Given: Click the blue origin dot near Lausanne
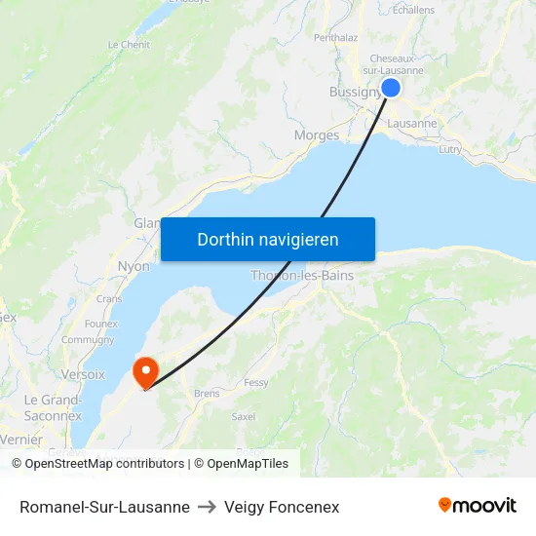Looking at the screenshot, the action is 391,88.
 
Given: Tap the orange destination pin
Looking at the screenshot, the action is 145,370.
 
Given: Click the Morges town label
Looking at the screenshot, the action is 317,135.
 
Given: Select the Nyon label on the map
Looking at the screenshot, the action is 134,266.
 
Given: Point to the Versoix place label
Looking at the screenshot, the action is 83,374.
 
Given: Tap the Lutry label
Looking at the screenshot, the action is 450,149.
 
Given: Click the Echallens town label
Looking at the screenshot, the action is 413,10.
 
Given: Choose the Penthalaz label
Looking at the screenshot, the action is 336,38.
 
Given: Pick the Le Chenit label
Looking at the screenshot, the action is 129,45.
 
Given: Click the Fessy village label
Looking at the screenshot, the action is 256,383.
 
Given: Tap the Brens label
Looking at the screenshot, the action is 207,394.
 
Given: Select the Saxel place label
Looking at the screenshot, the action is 244,416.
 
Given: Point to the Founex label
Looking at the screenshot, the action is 101,324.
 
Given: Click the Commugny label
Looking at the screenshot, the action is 88,340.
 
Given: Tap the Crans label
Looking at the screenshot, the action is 109,298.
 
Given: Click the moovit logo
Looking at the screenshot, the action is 478,505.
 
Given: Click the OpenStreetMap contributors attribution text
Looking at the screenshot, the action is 104,464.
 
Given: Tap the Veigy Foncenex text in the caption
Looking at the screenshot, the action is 282,507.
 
